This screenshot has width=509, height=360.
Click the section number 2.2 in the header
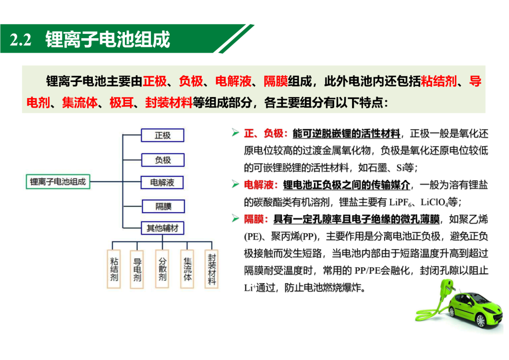coord(21,40)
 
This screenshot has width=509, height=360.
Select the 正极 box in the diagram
coord(163,135)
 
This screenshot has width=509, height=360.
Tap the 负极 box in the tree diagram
coord(163,160)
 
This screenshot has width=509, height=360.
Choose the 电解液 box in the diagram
coord(162,182)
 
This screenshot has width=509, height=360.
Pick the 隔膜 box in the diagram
coord(163,206)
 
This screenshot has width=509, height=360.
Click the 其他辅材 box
coord(163,228)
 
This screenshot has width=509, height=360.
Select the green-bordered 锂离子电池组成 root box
coord(58,182)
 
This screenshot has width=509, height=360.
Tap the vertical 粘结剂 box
coord(114,269)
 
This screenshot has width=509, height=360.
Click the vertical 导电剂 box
coord(137,269)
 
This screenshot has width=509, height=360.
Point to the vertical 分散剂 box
coord(162,269)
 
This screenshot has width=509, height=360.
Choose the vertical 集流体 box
coord(187,269)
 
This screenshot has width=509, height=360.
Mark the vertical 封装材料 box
coord(211,269)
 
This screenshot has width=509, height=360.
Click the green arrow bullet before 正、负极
coord(235,132)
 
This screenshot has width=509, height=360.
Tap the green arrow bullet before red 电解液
coord(235,184)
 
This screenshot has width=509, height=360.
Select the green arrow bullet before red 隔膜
coord(235,219)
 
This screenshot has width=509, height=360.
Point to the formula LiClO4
coord(435,203)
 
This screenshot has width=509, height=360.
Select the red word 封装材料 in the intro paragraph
coord(169,103)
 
